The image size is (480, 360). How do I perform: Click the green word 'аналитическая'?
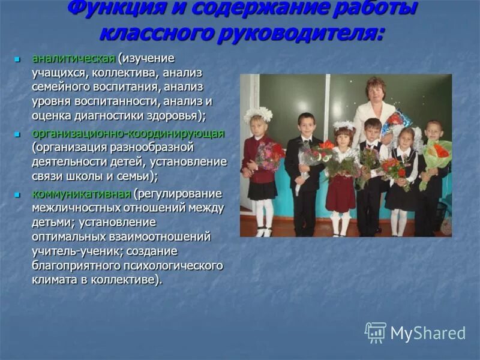point(73,59)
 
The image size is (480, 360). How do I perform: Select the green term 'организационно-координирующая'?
point(128,133)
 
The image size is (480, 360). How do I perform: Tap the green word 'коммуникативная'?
point(81,194)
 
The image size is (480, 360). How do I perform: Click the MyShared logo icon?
point(376,332)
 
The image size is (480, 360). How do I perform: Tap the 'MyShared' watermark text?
point(428,334)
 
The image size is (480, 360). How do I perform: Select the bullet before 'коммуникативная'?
point(18,194)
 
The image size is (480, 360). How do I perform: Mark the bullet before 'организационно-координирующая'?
point(18,134)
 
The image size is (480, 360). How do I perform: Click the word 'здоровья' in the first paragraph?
point(176,116)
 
